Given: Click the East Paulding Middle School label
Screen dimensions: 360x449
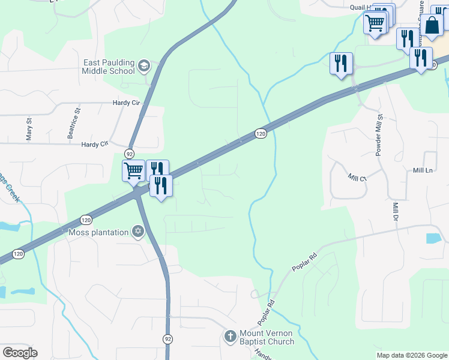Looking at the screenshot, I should pos(109,67).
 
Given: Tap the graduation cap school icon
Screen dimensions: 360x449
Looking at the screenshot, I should pos(143,65).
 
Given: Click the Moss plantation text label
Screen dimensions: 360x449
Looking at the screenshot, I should pos(98,232).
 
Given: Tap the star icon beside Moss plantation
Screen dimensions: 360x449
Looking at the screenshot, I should pos(138,232).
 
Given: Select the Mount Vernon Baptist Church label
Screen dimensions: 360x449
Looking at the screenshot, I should pos(267,337).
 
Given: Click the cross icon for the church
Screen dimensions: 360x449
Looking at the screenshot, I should pos(230,337).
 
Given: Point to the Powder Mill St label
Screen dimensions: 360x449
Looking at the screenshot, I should pos(379,135).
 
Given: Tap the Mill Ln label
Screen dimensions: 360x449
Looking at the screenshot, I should pos(423,171).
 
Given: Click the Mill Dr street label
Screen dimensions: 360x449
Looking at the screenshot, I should pos(395,211).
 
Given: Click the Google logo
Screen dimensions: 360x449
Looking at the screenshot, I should pos(20,353).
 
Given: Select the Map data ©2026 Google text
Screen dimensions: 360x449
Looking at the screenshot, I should pos(412,355).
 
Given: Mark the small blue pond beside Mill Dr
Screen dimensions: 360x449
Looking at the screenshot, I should pos(433,238).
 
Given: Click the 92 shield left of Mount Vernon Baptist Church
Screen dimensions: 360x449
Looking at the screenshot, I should pos(167,339).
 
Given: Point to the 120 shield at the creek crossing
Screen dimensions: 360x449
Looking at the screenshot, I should pos(260,133).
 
